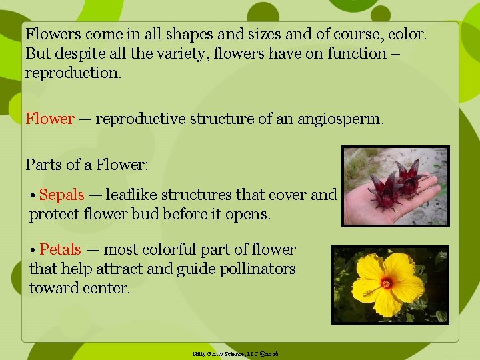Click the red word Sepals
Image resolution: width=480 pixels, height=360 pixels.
pyautogui.click(x=61, y=195)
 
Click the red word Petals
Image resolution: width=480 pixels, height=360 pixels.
pyautogui.click(x=60, y=250)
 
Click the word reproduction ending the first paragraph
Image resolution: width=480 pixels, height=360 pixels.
pyautogui.click(x=73, y=73)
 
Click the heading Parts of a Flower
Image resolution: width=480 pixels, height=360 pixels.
pyautogui.click(x=87, y=163)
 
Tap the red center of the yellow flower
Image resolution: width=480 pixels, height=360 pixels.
pyautogui.click(x=386, y=283)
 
